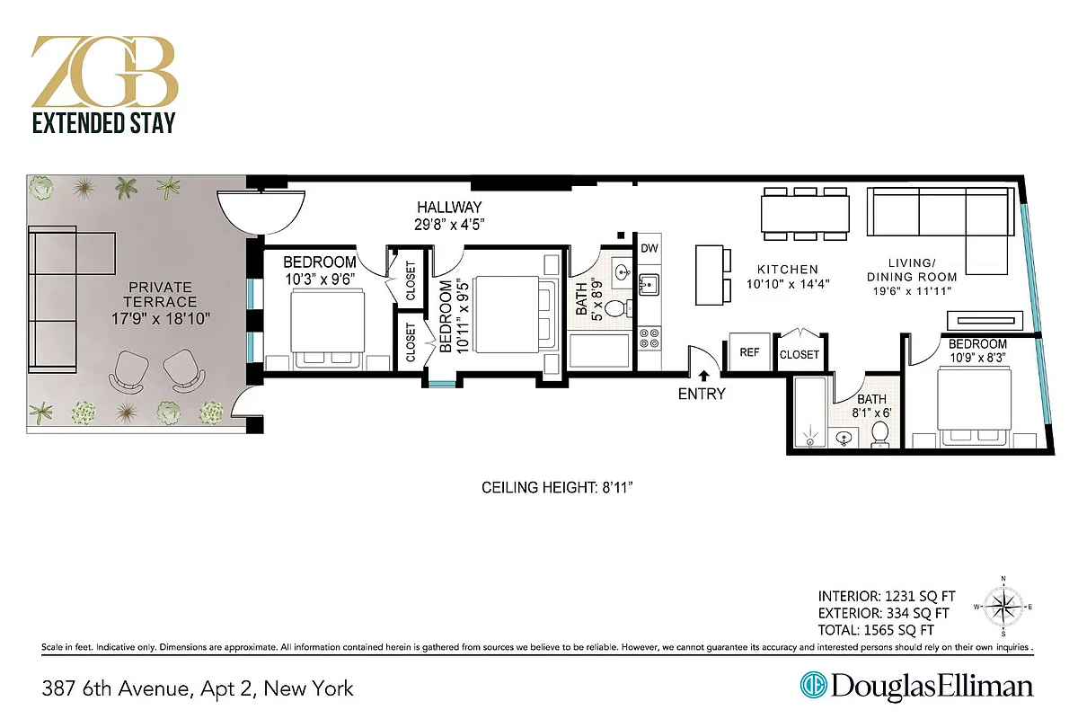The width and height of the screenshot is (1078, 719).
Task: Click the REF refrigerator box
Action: pyautogui.click(x=749, y=353)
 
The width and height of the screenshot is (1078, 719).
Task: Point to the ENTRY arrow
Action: pyautogui.click(x=703, y=374)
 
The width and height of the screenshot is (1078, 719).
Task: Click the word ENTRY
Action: pyautogui.click(x=702, y=394)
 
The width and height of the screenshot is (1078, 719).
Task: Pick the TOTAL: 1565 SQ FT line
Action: pyautogui.click(x=876, y=630)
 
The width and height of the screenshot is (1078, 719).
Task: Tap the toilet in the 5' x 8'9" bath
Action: pyautogui.click(x=614, y=308)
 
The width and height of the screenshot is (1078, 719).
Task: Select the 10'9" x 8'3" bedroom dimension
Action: pyautogui.click(x=977, y=357)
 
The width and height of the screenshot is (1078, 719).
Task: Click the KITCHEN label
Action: pyautogui.click(x=787, y=269)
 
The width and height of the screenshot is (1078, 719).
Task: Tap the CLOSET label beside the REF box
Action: pyautogui.click(x=799, y=354)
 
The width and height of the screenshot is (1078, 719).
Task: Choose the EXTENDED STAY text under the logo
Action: pyautogui.click(x=104, y=123)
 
